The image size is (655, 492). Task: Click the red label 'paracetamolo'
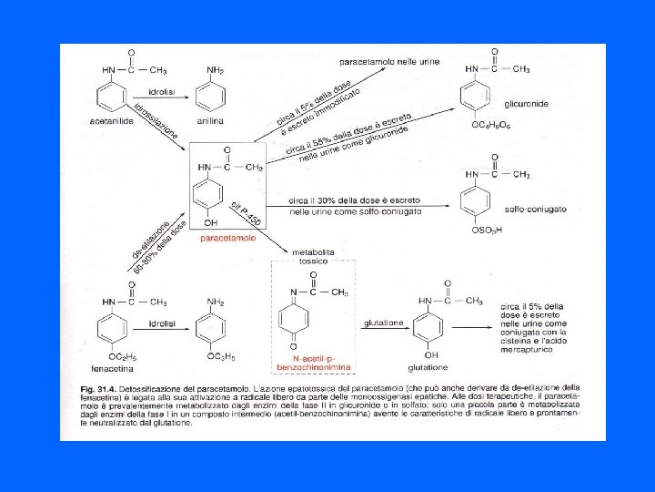click(228, 238)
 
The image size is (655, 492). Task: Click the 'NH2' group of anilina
click(216, 69)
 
